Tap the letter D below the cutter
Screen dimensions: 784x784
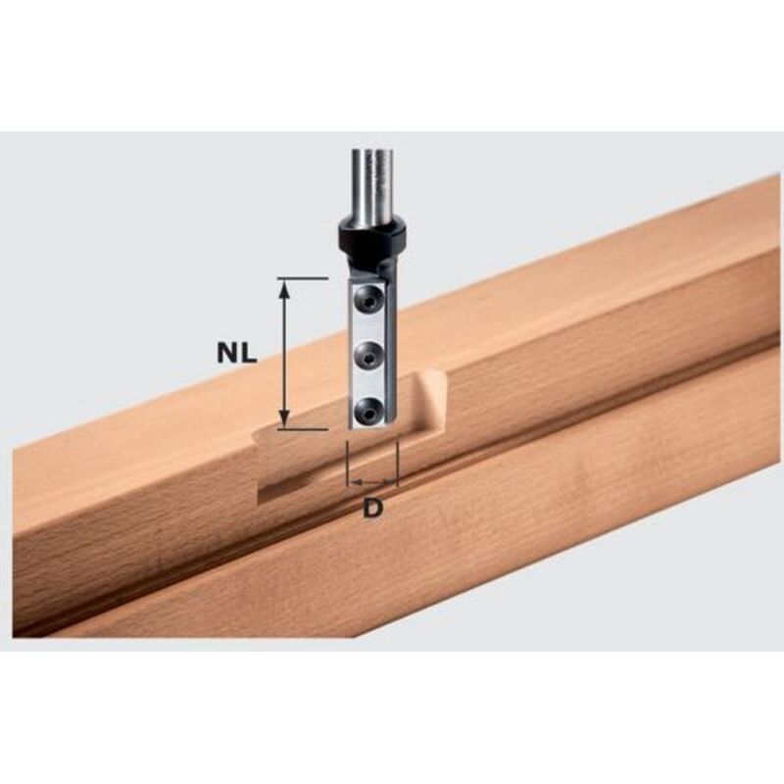(x=372, y=509)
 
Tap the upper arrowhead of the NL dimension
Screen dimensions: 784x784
(x=284, y=286)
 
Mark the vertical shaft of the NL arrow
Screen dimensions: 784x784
(x=284, y=353)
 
